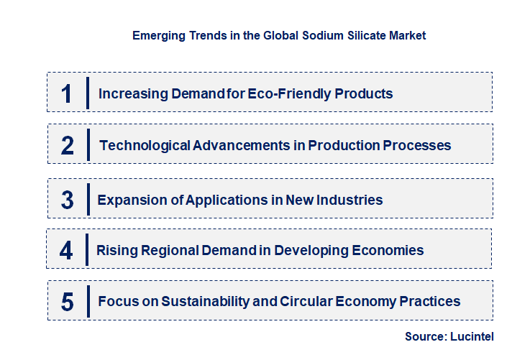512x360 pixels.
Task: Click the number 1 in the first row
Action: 67,93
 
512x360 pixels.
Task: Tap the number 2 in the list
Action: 68,146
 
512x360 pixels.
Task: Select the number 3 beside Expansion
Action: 68,200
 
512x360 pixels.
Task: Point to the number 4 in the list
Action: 67,251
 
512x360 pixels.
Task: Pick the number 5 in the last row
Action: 68,302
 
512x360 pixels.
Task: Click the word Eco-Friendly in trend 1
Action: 291,93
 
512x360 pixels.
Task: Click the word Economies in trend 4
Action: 387,251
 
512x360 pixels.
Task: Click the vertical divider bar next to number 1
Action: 87,93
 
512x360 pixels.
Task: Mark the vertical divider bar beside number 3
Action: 87,199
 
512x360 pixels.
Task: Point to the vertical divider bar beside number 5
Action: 87,301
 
